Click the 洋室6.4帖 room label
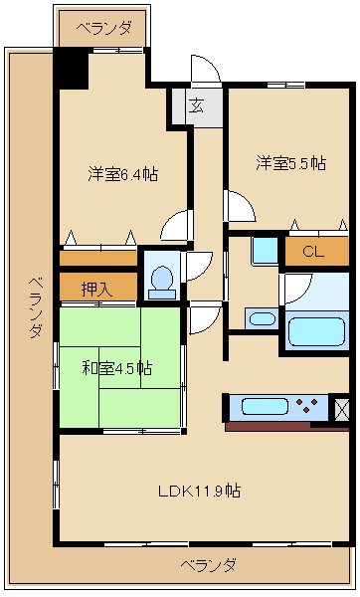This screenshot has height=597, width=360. [122, 174]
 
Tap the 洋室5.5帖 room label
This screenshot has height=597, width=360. [290, 163]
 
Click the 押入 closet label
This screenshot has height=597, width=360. [95, 288]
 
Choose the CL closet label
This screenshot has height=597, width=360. [312, 252]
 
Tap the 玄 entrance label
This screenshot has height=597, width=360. [196, 106]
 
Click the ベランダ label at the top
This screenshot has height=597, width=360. [103, 28]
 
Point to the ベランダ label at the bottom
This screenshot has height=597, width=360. [208, 565]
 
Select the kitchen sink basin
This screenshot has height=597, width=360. [264, 406]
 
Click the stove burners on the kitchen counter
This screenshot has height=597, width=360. [307, 406]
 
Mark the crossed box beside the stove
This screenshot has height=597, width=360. [341, 406]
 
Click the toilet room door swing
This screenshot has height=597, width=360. [197, 266]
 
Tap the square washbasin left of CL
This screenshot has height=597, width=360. [265, 250]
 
